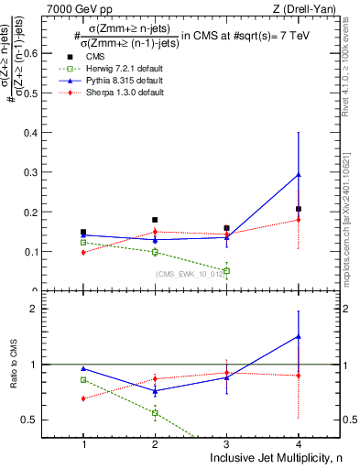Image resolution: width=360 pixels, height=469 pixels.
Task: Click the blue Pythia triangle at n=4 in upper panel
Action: click(298, 174)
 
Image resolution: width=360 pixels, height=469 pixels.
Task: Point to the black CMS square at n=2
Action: click(155, 220)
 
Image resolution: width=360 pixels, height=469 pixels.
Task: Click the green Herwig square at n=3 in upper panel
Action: click(226, 270)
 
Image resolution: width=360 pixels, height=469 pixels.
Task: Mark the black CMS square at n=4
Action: click(298, 209)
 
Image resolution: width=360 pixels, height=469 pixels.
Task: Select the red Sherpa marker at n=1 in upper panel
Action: click(83, 252)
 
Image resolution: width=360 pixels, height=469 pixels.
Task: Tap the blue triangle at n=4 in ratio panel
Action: click(298, 336)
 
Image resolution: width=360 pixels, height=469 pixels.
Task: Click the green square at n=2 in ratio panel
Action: click(155, 413)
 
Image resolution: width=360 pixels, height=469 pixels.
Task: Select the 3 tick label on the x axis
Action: click(226, 444)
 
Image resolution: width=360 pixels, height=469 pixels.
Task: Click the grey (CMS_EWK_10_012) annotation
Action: click(188, 274)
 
